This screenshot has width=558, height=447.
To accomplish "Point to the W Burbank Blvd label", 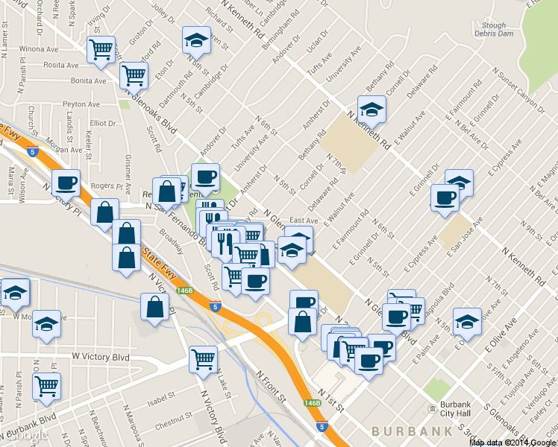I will click(29, 427).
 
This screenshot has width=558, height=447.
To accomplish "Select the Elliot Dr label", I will click(99, 123).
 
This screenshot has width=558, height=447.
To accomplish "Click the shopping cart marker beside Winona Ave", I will click(101, 50).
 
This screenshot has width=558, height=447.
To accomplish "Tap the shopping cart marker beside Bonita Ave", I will click(134, 74).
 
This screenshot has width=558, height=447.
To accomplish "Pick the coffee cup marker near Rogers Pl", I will click(66, 182).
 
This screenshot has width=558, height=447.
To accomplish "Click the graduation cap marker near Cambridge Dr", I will click(197, 40).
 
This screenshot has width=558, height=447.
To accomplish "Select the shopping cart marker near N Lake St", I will click(203, 359).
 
